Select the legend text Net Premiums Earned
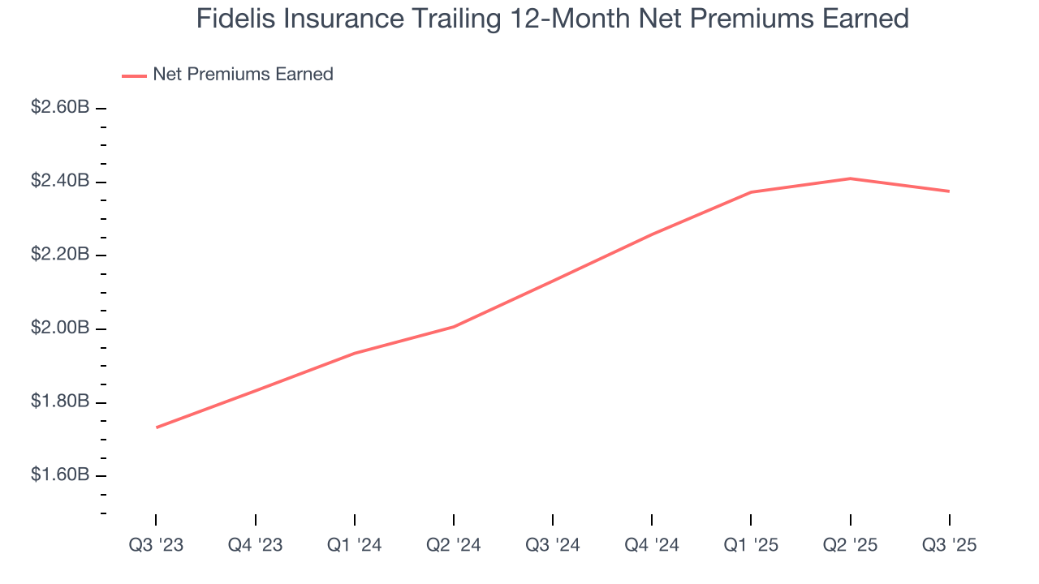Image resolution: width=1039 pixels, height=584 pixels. (243, 75)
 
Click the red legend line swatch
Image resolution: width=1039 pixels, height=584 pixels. (134, 75)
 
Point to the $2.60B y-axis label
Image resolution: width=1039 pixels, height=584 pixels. (60, 107)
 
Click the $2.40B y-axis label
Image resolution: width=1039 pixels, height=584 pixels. (60, 181)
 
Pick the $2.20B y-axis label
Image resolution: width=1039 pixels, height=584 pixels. (60, 255)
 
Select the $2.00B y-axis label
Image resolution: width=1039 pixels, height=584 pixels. (60, 328)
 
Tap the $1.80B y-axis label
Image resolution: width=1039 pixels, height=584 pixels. (60, 402)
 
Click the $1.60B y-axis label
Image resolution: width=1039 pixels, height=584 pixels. (60, 475)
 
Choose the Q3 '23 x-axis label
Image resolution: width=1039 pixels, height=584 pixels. (156, 545)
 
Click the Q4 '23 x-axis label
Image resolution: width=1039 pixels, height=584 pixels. (255, 545)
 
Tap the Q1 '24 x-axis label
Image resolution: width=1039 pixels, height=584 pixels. (354, 545)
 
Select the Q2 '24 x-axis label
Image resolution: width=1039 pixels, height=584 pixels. (453, 545)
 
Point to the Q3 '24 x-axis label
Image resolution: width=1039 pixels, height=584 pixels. (552, 545)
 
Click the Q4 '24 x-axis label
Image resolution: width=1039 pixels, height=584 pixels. (652, 545)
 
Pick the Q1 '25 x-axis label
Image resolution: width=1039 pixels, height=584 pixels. (751, 545)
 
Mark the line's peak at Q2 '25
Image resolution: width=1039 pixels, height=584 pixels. (850, 178)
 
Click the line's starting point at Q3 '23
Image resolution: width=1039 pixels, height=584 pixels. (156, 427)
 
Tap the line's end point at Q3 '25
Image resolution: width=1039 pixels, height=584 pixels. (949, 191)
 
